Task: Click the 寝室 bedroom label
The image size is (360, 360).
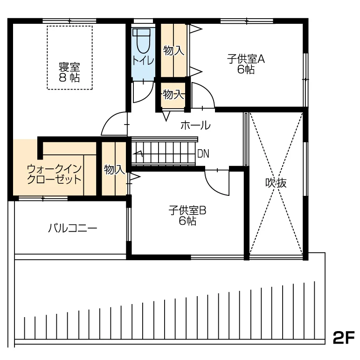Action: click(69, 67)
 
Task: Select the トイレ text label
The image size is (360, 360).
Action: click(143, 61)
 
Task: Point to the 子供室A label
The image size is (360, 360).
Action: click(246, 59)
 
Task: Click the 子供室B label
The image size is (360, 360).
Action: click(187, 210)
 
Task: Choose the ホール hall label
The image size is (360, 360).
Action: click(195, 125)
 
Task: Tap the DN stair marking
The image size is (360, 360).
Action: click(203, 154)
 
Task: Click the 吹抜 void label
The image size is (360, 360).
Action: click(276, 183)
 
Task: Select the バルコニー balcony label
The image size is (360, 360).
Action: click(73, 228)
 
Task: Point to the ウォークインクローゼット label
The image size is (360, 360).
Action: click(55, 174)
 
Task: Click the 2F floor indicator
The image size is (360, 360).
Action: click(344, 338)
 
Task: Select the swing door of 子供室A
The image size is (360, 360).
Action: click(203, 96)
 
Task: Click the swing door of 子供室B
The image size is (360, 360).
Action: click(217, 182)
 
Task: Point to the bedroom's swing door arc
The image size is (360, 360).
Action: click(114, 123)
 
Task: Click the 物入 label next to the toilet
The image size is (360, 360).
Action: click(174, 50)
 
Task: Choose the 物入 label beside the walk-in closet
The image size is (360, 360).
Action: click(114, 170)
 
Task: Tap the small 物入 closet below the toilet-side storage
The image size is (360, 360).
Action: click(173, 95)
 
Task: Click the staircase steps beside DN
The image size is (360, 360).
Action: click(163, 152)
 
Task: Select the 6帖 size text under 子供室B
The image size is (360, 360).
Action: click(187, 221)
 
